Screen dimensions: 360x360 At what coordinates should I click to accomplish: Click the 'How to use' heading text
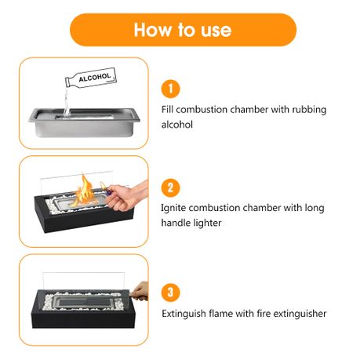coord(183,30)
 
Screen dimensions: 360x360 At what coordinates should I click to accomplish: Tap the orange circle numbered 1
coord(170,89)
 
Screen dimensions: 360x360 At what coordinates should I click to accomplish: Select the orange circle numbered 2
coord(170,187)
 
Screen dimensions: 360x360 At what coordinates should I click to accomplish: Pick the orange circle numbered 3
coord(170,292)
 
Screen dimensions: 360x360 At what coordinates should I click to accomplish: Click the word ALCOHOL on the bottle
coord(95,78)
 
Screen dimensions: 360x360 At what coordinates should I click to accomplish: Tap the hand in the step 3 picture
coord(139,292)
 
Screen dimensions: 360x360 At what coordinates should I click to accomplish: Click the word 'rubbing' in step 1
coord(309,110)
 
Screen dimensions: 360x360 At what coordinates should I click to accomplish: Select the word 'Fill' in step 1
coord(167,109)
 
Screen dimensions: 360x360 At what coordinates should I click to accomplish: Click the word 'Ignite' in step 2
coord(173,209)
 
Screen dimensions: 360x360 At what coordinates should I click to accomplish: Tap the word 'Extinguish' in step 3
coord(184,314)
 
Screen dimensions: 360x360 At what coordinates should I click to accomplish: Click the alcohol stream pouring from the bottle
coord(67,102)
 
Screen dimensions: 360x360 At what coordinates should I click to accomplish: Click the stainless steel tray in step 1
coord(84,122)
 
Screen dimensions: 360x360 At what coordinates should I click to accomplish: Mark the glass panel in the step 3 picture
coord(84,281)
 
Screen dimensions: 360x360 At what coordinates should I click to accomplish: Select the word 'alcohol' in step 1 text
coord(177,125)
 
